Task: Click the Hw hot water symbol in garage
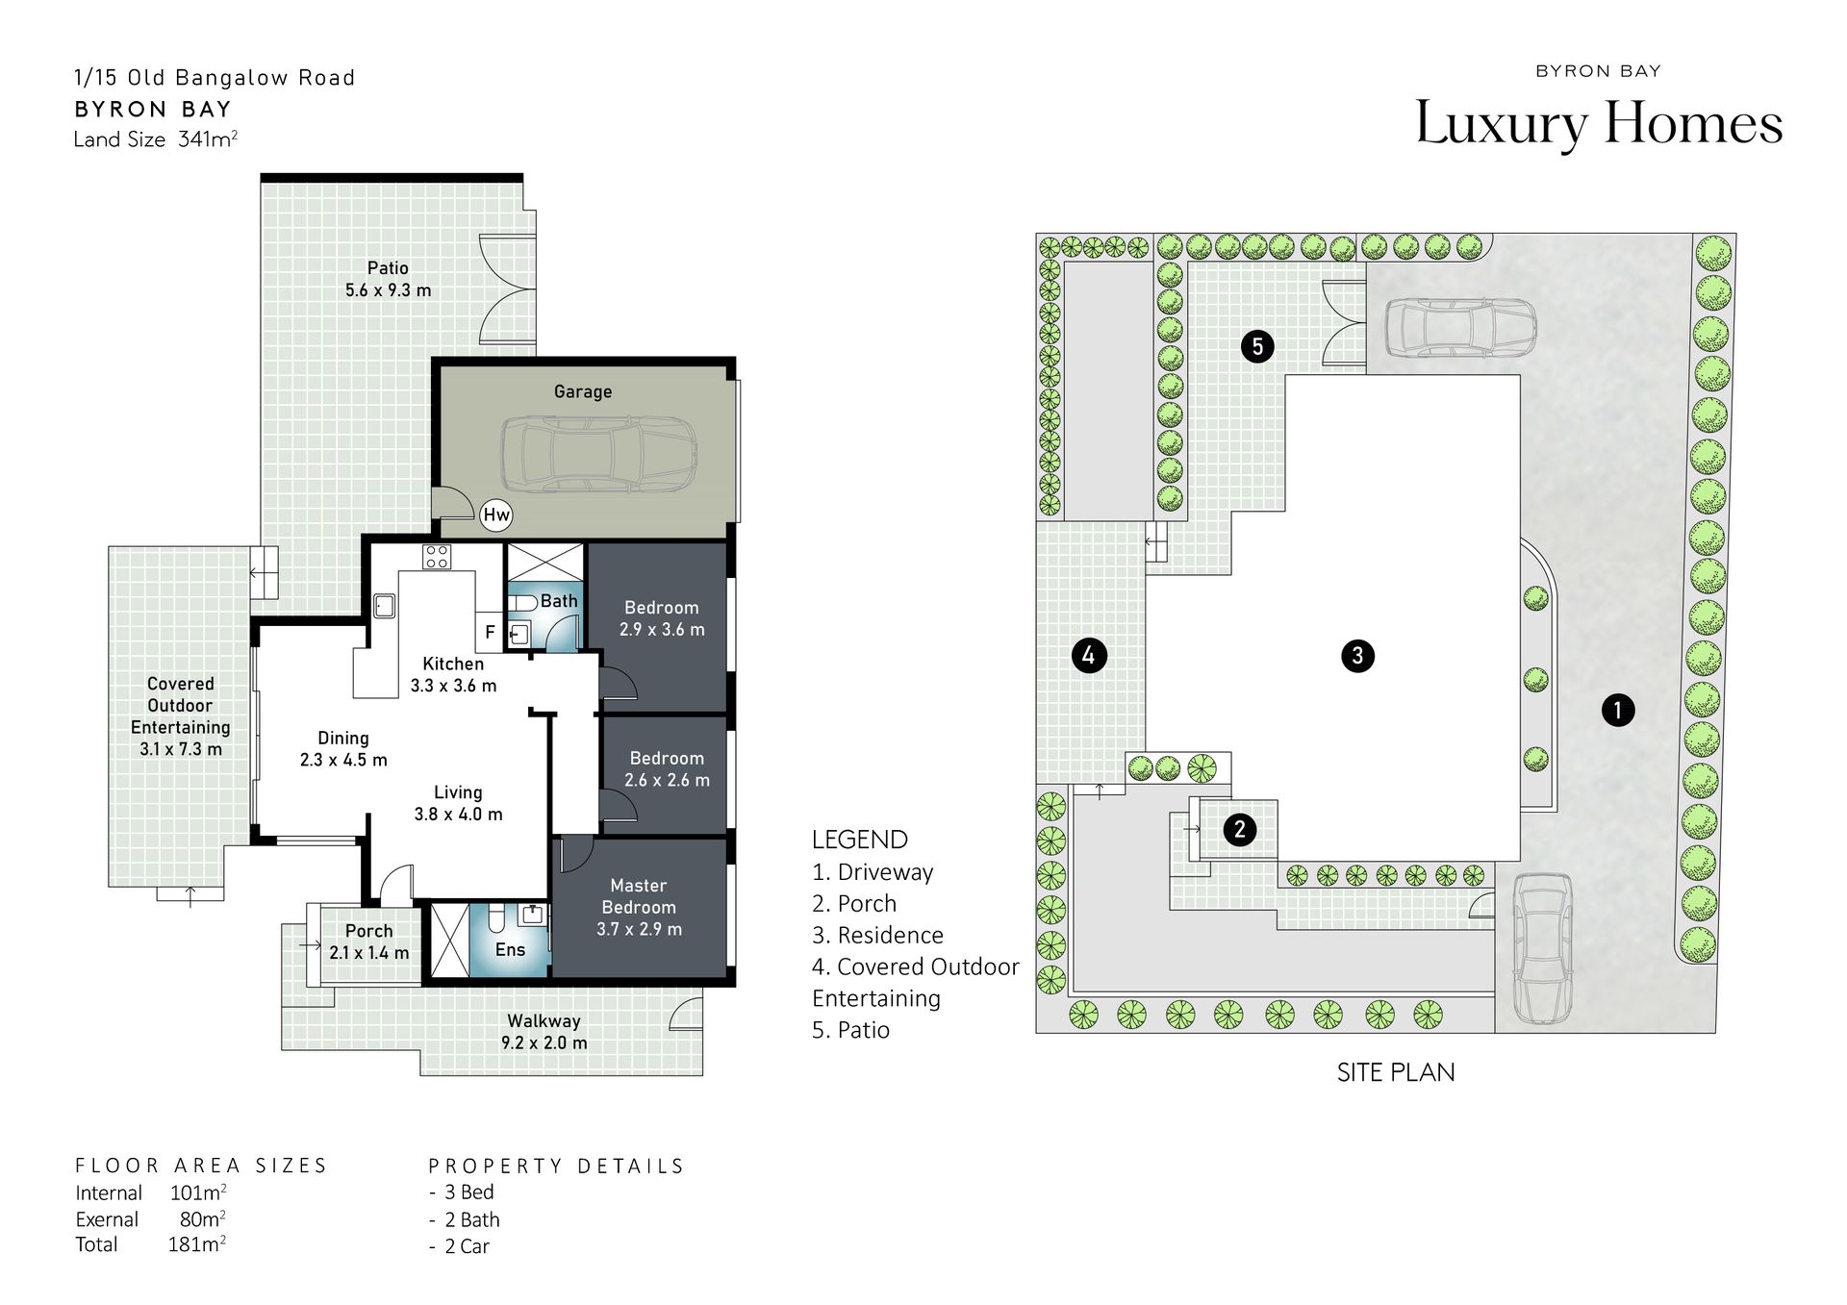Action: (x=496, y=514)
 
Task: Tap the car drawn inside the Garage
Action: (x=598, y=455)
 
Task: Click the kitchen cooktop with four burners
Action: (x=437, y=556)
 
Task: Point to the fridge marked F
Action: (x=490, y=632)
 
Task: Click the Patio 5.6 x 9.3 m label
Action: (x=388, y=279)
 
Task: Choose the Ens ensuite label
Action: (x=510, y=950)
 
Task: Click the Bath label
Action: (x=559, y=601)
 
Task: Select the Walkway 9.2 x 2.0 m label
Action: (x=544, y=1031)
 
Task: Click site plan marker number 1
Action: (x=1618, y=711)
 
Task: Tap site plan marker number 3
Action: (x=1357, y=656)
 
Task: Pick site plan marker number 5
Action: (x=1257, y=346)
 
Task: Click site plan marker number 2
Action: (x=1240, y=829)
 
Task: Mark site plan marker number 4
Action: (x=1089, y=656)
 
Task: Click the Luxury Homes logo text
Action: (x=1599, y=124)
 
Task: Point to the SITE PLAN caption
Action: (x=1396, y=1072)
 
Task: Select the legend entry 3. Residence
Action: (x=877, y=935)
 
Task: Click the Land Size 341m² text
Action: (x=156, y=139)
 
